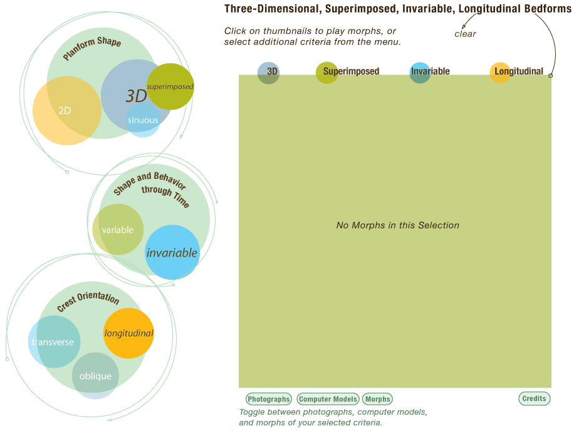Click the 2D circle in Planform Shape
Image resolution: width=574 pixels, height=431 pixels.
point(65,110)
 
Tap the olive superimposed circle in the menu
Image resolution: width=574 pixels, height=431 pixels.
point(170,86)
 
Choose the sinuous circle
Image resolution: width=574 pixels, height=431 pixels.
point(143,120)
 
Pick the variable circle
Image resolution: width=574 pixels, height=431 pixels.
point(118,230)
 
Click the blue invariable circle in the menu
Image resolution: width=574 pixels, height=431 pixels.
point(172,253)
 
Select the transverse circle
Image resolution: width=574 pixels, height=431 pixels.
point(53,342)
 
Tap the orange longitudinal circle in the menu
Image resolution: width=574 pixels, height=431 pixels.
point(128,333)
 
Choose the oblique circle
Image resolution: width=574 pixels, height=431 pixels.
point(95,376)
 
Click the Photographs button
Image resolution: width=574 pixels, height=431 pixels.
point(269,399)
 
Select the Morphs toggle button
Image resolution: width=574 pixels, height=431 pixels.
point(377,399)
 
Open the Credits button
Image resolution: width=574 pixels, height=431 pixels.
point(534,398)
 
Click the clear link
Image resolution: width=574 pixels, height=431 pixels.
point(466,34)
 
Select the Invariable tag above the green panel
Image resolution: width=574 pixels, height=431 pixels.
point(429,72)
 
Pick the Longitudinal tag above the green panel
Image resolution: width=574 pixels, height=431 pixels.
point(518,72)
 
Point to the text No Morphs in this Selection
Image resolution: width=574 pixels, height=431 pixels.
point(397,225)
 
